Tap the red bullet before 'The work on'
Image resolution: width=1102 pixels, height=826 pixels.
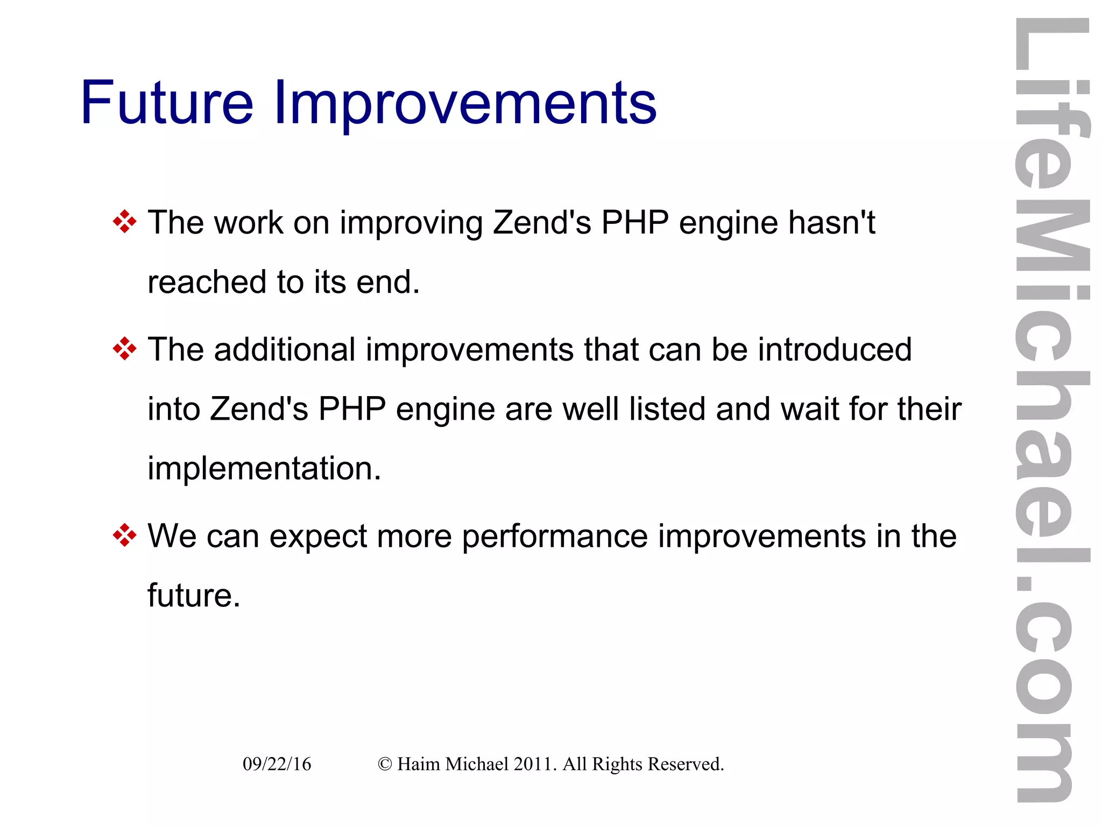point(125,222)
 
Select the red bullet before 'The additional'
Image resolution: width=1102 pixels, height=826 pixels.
point(125,349)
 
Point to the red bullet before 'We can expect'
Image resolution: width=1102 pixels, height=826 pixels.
point(125,535)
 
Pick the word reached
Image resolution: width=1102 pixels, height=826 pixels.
point(207,282)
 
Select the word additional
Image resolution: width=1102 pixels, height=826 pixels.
point(285,350)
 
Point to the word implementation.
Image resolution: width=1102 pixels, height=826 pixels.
point(264,469)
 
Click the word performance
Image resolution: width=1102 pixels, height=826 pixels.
point(555,537)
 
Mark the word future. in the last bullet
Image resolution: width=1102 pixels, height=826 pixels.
point(194,596)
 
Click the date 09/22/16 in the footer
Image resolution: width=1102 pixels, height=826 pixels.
point(277,764)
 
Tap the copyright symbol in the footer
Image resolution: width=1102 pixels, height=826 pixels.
point(385,764)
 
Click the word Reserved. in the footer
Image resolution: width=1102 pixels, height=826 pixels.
point(686,764)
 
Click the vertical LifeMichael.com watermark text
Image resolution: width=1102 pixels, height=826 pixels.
point(1052,409)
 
